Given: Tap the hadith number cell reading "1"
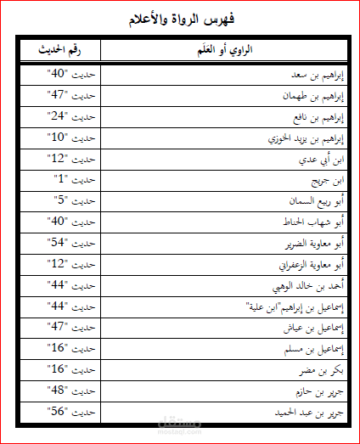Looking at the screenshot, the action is pos(71,180).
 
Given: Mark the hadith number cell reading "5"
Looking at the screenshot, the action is pos(71,201).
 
